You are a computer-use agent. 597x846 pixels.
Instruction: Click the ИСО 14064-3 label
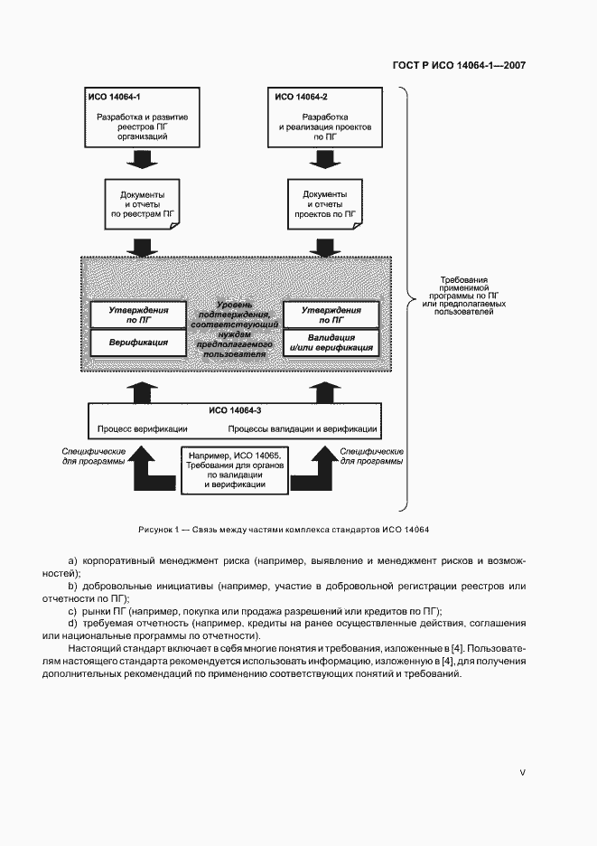point(235,410)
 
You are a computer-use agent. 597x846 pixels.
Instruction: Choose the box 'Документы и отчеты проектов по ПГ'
point(324,205)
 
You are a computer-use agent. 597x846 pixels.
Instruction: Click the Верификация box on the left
point(138,343)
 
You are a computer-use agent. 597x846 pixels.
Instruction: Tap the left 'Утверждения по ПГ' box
point(138,314)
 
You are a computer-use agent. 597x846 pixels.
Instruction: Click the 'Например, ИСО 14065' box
point(235,469)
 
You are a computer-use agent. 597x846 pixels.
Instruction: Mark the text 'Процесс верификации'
point(137,428)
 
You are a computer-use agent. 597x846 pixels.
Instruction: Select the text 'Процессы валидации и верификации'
point(302,428)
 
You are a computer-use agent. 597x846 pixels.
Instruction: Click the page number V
point(522,772)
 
